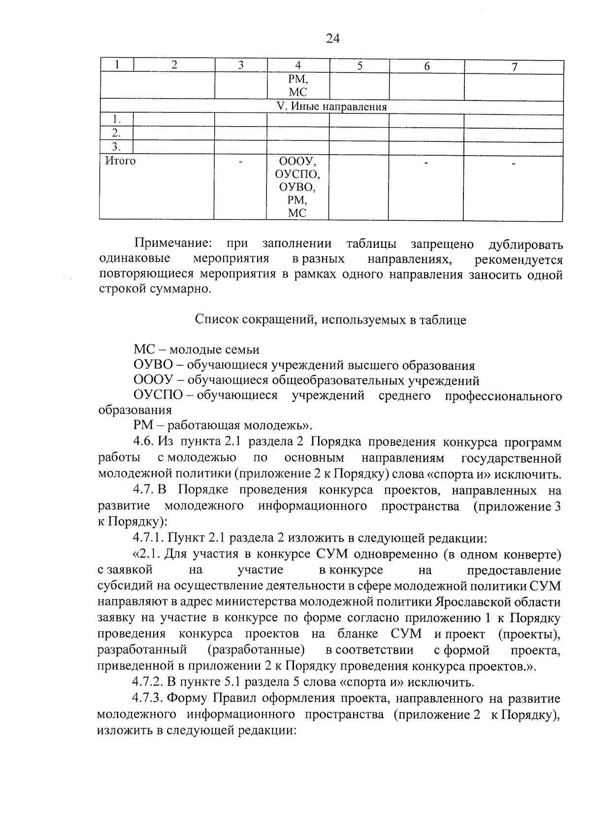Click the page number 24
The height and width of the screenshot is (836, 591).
click(x=333, y=38)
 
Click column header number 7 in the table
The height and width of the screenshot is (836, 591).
click(x=514, y=67)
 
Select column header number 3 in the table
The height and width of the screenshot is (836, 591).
click(x=240, y=66)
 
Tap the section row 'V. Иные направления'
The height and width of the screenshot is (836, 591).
click(x=331, y=107)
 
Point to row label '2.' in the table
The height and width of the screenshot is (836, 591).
click(x=116, y=133)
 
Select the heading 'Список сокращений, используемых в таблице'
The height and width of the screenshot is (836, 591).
click(x=330, y=320)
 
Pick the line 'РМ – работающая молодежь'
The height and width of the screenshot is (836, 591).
click(x=223, y=426)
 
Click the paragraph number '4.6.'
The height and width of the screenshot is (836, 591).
click(x=144, y=442)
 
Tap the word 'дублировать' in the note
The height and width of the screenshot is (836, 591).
click(x=525, y=244)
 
